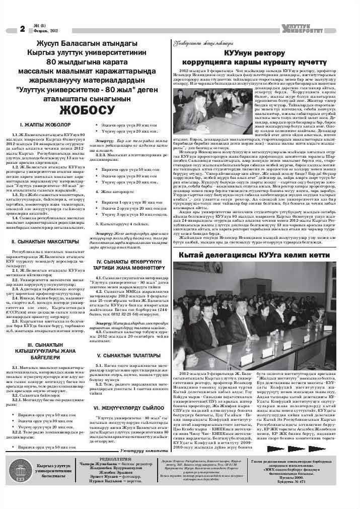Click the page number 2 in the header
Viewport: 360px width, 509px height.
22,29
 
